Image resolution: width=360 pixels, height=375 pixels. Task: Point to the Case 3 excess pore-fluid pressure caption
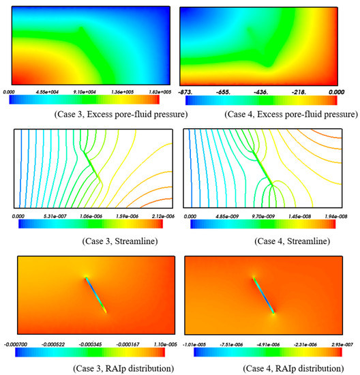pyautogui.click(x=96, y=113)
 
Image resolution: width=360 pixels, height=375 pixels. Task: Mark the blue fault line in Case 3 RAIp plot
pyautogui.click(x=96, y=295)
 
